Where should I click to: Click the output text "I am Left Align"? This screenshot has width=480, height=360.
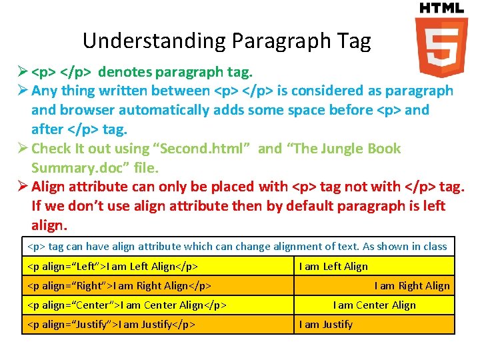pyautogui.click(x=333, y=267)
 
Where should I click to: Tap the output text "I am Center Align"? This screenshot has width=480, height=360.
pyautogui.click(x=374, y=305)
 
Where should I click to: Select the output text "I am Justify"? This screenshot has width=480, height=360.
pyautogui.click(x=326, y=325)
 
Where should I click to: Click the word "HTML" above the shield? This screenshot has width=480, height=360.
pyautogui.click(x=441, y=8)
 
